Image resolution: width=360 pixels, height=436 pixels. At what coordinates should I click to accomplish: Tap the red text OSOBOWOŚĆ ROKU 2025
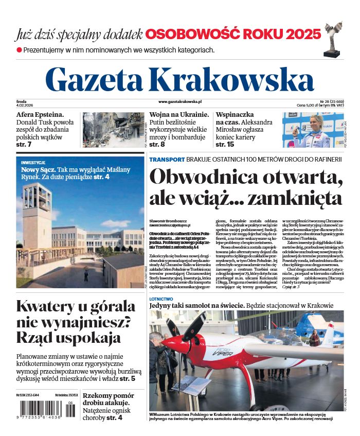(233, 34)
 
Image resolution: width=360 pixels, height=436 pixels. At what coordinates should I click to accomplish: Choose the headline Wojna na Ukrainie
(179, 115)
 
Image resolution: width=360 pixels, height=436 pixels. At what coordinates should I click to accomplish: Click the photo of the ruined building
(114, 130)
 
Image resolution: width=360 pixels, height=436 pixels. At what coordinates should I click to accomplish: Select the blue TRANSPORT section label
(166, 160)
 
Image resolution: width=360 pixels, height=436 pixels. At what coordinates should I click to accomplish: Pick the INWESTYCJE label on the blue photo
(33, 163)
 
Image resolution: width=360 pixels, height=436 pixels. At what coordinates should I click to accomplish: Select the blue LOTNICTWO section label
(161, 299)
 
